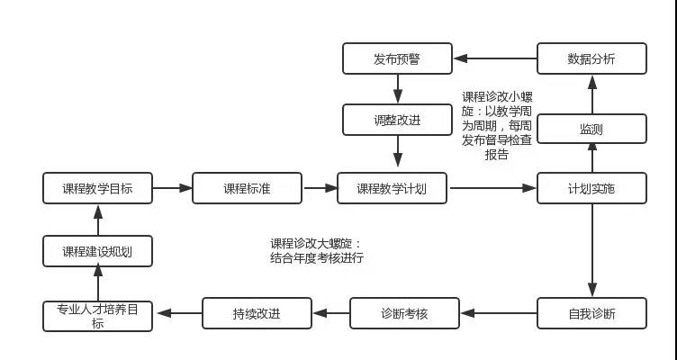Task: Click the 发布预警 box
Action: click(397, 59)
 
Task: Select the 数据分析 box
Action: click(591, 59)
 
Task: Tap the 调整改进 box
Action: click(397, 120)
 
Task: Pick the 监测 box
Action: click(591, 129)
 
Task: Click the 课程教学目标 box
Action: click(98, 188)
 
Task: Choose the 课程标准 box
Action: click(247, 188)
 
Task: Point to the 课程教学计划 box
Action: click(392, 188)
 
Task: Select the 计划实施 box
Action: click(591, 188)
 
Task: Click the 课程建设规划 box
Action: click(98, 251)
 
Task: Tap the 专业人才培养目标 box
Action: click(98, 314)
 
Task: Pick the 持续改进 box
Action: click(257, 314)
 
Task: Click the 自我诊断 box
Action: click(591, 314)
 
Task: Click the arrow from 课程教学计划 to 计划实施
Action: click(492, 188)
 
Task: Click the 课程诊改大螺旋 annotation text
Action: click(317, 250)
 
